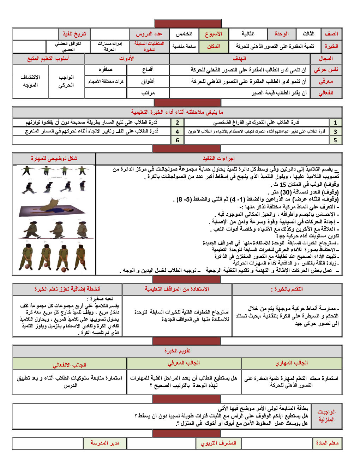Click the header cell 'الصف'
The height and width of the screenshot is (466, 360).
point(331,34)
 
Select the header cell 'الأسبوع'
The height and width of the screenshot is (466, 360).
point(214,34)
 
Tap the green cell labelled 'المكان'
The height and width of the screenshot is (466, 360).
point(214,46)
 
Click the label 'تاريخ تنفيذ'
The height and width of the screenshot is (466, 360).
point(74,34)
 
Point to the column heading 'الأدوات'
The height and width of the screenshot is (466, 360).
point(127,59)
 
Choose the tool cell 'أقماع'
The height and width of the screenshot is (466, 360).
point(148,70)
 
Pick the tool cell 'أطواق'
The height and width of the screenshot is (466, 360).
point(148,82)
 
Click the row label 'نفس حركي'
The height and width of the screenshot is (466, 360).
point(326,70)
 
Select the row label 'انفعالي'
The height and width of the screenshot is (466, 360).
point(326,93)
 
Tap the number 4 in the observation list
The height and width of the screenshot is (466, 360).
point(177,132)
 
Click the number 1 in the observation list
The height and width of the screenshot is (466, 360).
point(335,123)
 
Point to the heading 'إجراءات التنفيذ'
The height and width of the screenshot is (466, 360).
point(219,159)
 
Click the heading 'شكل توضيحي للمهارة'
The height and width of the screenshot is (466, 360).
point(54,159)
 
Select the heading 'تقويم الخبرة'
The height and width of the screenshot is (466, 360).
point(177,351)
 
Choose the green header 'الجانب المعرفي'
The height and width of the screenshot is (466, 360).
point(184,363)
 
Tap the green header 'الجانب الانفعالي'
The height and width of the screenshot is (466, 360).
point(70,365)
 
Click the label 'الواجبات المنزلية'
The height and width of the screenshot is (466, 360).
point(326,416)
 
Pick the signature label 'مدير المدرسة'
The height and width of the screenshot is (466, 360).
point(105,443)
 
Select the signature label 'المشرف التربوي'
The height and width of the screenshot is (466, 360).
point(218,443)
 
